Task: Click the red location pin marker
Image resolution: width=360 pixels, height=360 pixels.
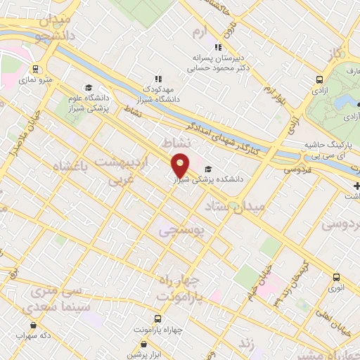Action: click(x=181, y=165)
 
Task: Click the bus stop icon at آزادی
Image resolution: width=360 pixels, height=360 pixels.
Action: click(x=320, y=79)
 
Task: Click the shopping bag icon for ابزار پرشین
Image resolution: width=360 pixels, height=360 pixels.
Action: click(x=144, y=345)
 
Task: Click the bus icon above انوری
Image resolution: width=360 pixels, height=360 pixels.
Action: click(x=336, y=276)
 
